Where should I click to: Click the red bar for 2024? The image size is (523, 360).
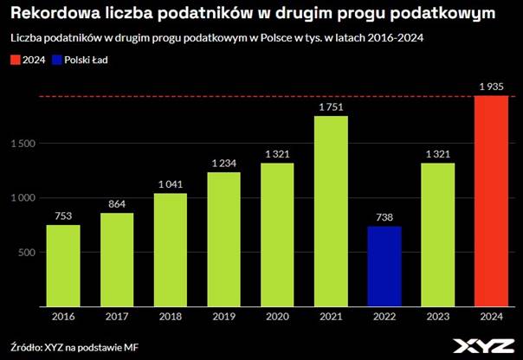pos(492,201)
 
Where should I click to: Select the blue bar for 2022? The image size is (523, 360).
pos(385,267)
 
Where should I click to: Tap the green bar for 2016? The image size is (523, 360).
pos(62,266)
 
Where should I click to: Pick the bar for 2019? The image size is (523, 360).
pos(223,240)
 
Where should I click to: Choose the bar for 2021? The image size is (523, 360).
pos(331,211)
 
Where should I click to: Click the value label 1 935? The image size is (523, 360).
pos(492,85)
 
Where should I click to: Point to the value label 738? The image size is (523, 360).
pos(385,215)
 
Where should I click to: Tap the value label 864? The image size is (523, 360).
pos(116,202)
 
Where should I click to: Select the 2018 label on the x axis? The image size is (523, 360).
pos(170,317)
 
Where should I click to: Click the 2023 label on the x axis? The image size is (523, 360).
pos(438,317)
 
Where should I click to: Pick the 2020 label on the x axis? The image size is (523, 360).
pos(277,317)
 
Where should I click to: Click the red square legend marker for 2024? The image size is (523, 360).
pos(15,60)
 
